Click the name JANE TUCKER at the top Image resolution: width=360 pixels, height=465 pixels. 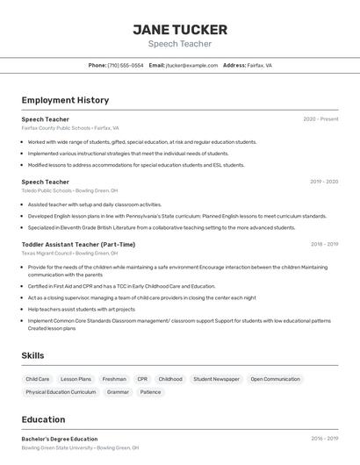180,29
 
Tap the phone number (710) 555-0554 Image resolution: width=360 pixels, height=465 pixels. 126,65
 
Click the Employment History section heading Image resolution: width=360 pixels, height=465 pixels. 65,100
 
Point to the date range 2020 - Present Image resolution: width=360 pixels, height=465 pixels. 320,118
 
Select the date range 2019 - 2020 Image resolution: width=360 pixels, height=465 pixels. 324,182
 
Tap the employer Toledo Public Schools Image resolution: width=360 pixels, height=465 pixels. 47,190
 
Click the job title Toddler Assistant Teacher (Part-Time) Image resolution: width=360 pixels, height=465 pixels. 78,244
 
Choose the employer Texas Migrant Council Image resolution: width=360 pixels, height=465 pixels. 46,253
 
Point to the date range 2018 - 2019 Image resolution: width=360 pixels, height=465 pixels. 324,244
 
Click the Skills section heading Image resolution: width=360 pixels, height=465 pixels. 33,355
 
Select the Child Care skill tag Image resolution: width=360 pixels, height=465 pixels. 38,379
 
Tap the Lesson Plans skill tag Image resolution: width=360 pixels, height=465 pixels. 76,379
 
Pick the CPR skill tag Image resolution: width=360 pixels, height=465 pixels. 142,379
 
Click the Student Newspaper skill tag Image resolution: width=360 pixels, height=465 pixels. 216,379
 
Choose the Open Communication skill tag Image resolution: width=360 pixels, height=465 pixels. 275,379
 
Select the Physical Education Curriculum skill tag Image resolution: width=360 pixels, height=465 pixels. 61,392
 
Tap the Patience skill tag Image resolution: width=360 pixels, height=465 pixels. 150,392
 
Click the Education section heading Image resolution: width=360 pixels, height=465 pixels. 43,419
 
